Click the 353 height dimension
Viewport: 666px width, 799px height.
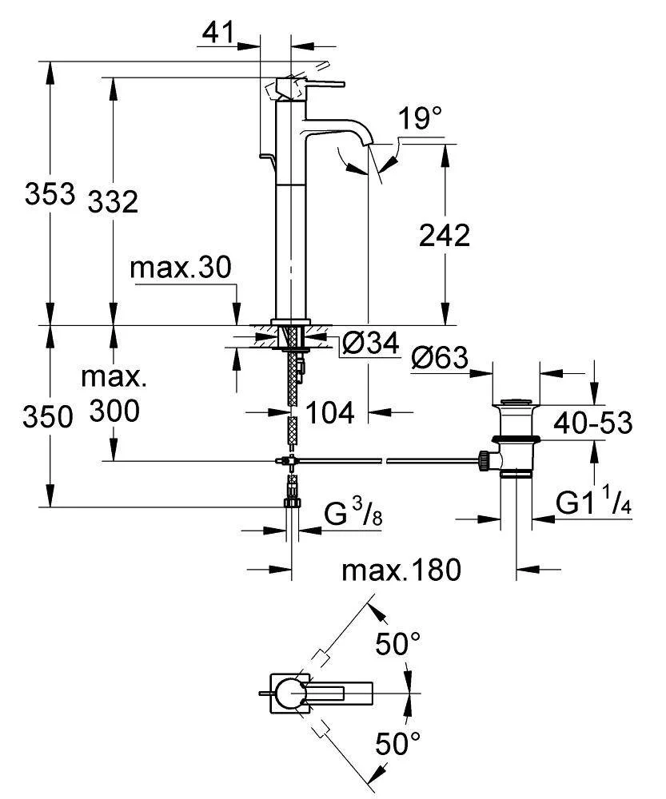[49, 194]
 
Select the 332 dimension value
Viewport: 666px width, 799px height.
[113, 201]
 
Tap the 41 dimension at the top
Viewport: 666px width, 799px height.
[217, 33]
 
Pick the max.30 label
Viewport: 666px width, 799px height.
[182, 269]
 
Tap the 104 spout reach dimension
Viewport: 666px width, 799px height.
[329, 412]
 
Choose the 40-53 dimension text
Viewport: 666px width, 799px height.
[596, 422]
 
